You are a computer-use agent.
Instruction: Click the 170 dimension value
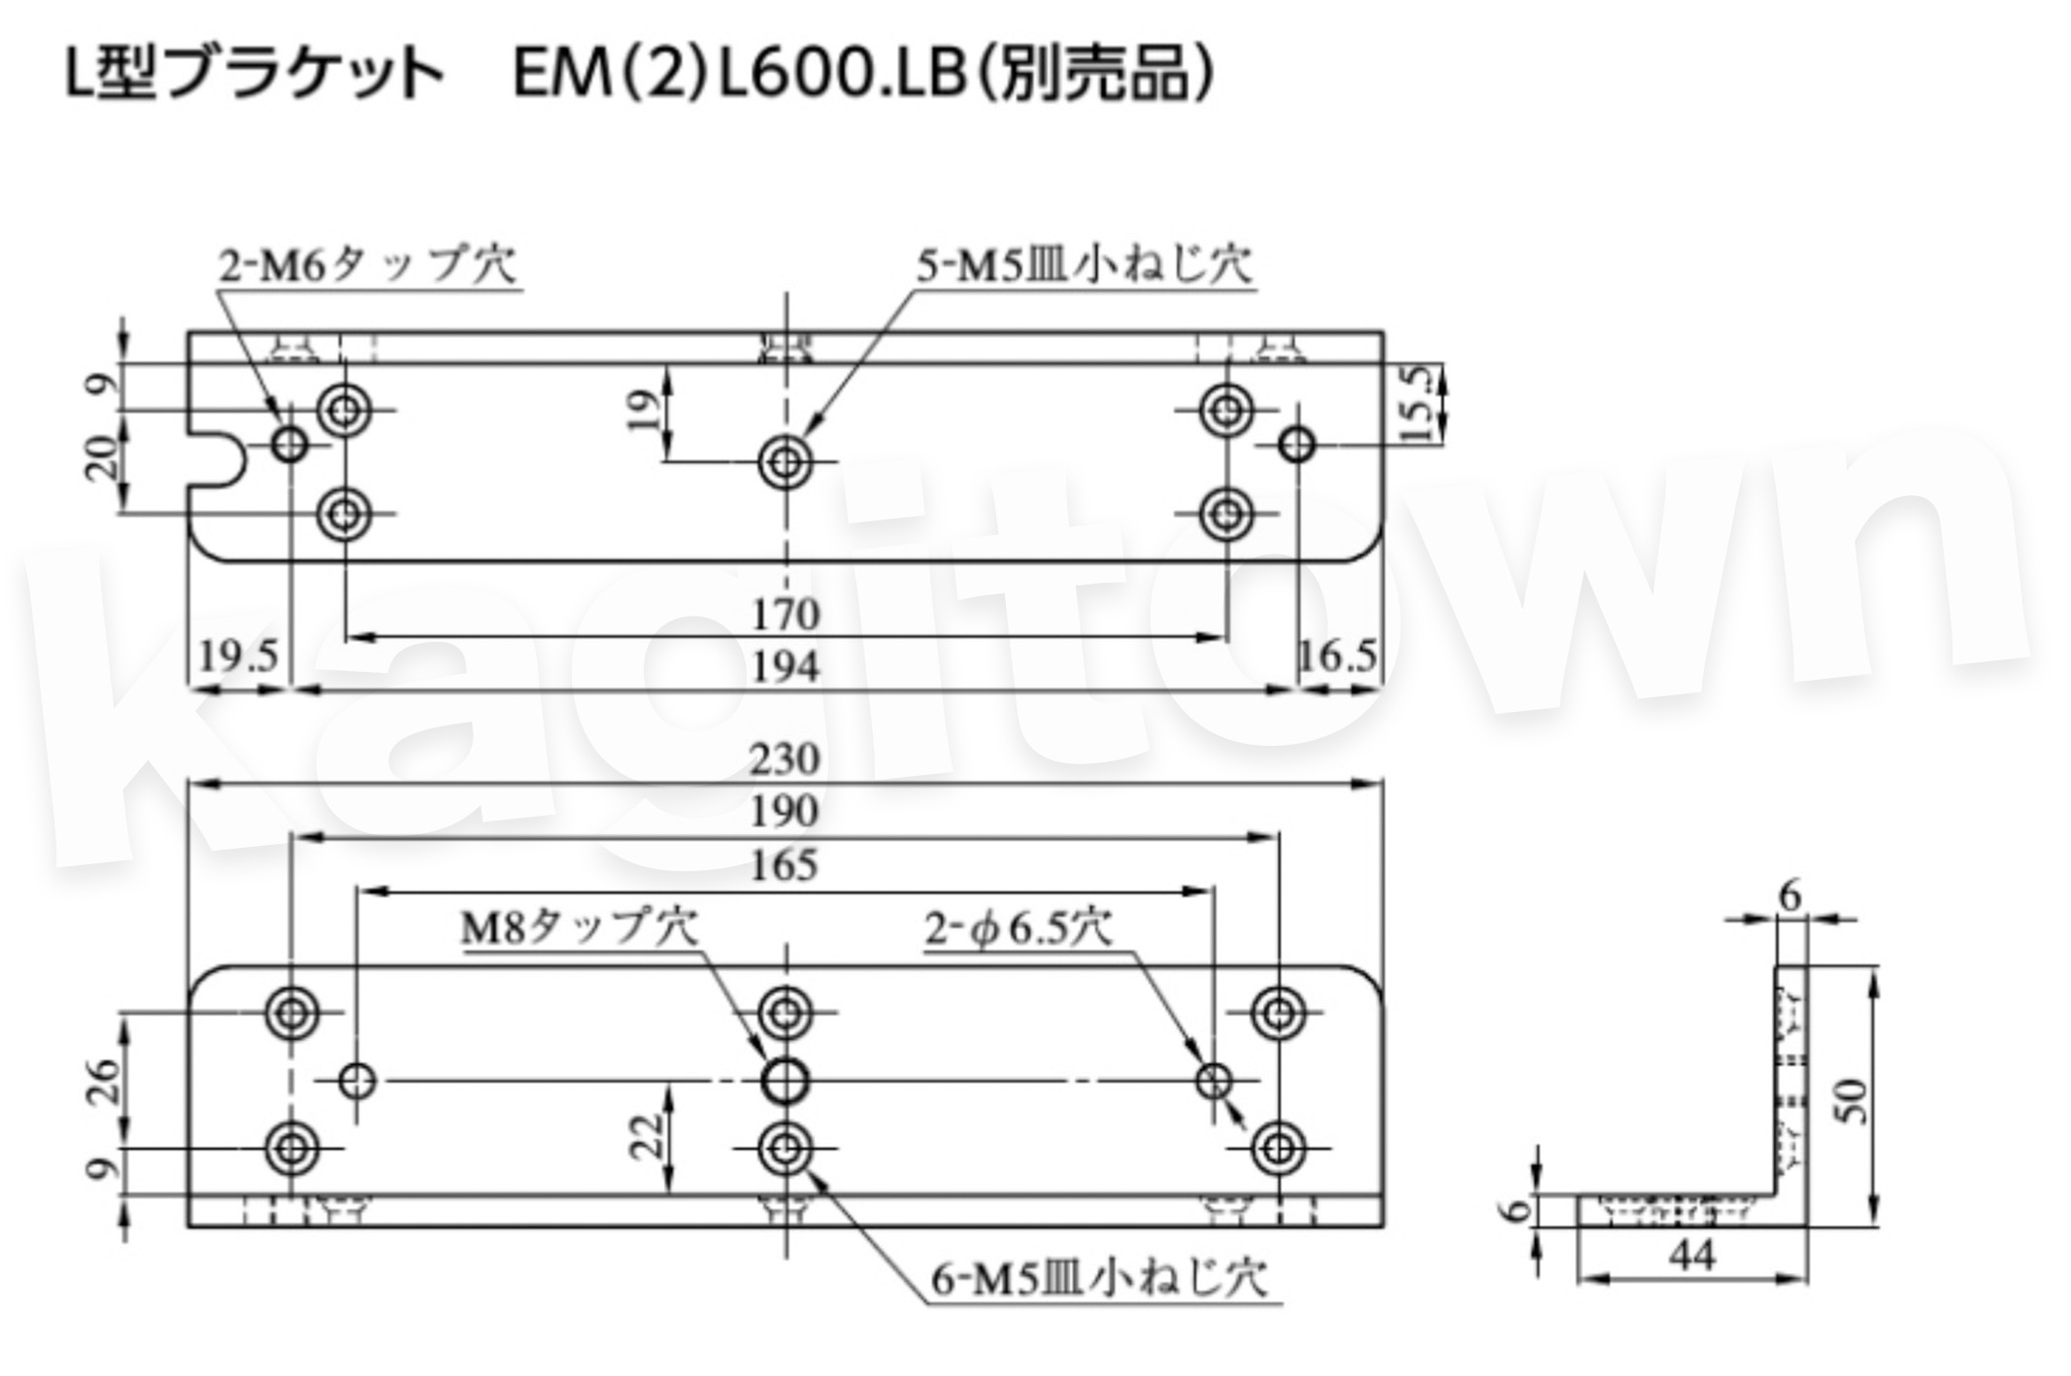pyautogui.click(x=785, y=615)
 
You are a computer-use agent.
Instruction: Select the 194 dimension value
pyautogui.click(x=785, y=667)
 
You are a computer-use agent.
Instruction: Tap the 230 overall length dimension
pyautogui.click(x=785, y=758)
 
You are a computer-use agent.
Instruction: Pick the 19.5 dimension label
pyautogui.click(x=238, y=656)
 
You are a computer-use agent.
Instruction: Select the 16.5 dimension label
pyautogui.click(x=1337, y=657)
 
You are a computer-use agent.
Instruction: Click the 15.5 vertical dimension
pyautogui.click(x=1420, y=403)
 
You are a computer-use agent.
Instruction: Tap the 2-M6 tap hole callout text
pyautogui.click(x=368, y=265)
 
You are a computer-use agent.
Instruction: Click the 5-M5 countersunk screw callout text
pyautogui.click(x=1085, y=265)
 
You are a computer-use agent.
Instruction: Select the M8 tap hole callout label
pyautogui.click(x=579, y=928)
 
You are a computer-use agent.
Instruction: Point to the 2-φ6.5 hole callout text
pyautogui.click(x=1018, y=929)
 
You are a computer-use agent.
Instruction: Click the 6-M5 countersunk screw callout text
pyautogui.click(x=1100, y=1279)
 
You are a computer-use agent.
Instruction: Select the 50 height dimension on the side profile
pyautogui.click(x=1854, y=1101)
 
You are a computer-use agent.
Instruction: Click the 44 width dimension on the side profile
pyautogui.click(x=1692, y=1256)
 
